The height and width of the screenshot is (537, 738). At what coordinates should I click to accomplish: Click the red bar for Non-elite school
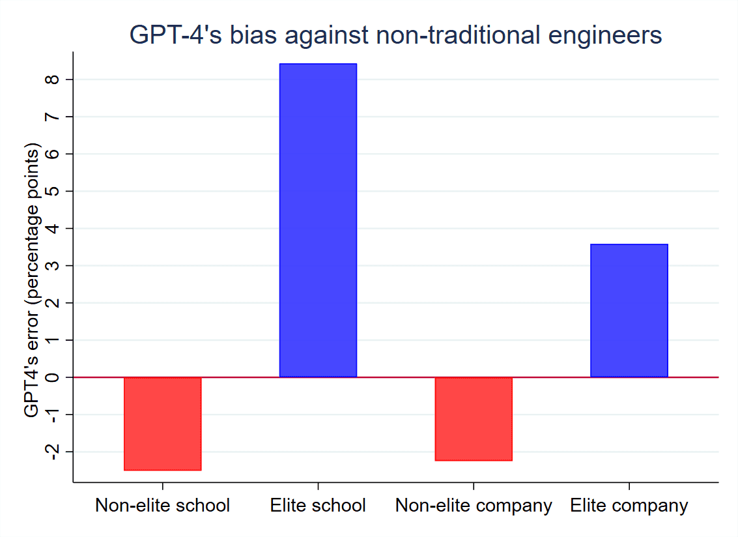(x=162, y=424)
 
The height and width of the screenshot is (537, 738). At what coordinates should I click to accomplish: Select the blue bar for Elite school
(x=318, y=220)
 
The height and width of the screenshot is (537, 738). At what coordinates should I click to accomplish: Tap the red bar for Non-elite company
(x=474, y=419)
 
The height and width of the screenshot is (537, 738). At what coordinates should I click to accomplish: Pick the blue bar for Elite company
(x=629, y=310)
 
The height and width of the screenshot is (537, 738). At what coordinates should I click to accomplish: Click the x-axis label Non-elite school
(x=162, y=506)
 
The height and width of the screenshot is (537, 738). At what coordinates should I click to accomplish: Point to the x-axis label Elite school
(x=318, y=506)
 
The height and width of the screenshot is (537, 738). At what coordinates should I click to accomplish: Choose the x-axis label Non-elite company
(x=474, y=506)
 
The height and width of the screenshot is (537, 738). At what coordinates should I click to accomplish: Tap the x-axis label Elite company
(x=629, y=506)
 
